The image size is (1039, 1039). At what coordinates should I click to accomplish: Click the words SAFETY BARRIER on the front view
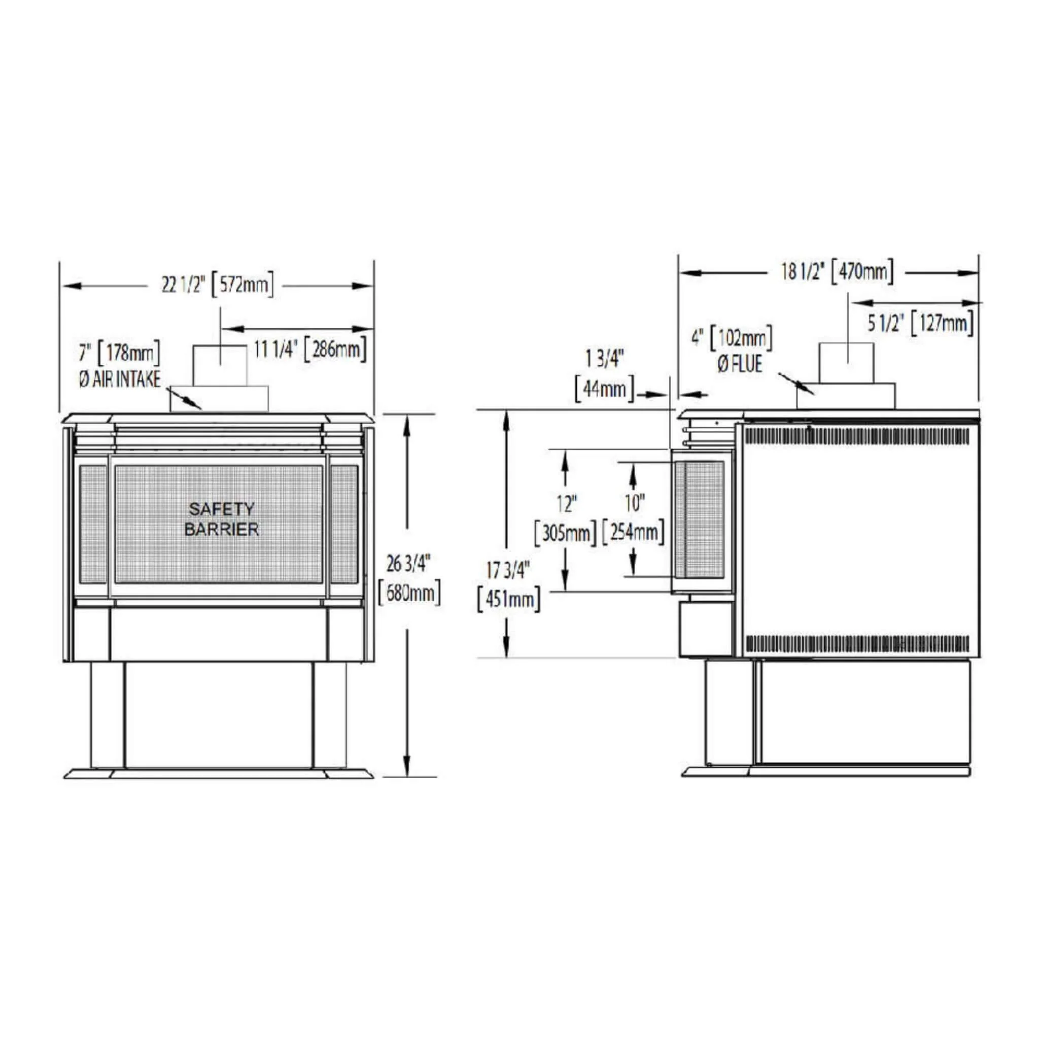coord(222,519)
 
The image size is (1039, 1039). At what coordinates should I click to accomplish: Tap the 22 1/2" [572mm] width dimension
coord(218,285)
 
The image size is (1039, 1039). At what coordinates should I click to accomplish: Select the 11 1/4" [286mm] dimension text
coord(310,350)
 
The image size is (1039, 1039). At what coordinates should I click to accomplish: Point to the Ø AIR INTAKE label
coord(119,379)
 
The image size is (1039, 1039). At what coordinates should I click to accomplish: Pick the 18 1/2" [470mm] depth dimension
coord(837,271)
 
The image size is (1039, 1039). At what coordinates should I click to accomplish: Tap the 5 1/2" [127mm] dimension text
coord(921,324)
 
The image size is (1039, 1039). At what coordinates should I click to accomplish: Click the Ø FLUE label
coord(740,365)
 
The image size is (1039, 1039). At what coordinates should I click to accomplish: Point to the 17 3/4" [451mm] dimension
coord(509,585)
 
